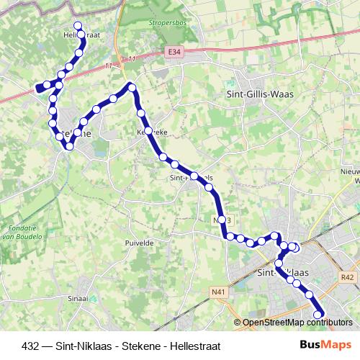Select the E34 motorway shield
point(173,52)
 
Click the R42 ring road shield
point(348,276)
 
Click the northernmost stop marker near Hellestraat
point(78,27)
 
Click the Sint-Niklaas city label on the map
point(282,273)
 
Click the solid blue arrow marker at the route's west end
point(39,88)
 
